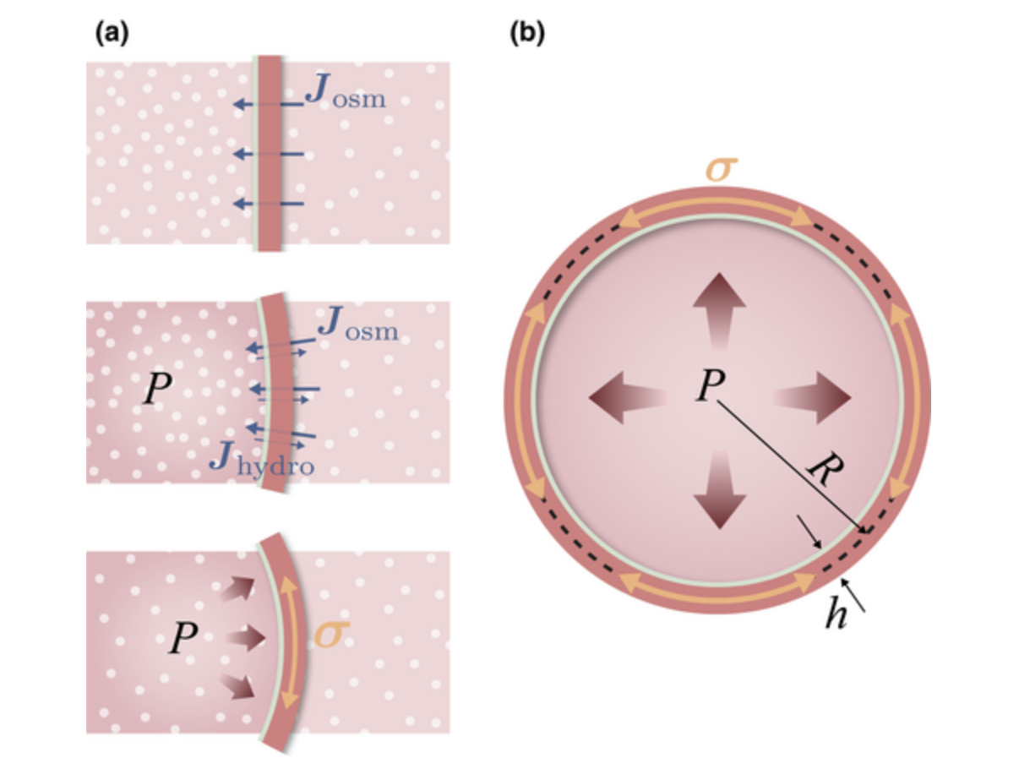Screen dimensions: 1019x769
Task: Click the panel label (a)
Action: point(112,35)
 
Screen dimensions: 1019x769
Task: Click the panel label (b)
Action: point(527,35)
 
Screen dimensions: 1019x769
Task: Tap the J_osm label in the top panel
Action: point(346,90)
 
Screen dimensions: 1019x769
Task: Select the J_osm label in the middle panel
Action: point(358,323)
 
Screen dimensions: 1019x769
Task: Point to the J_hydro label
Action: point(262,459)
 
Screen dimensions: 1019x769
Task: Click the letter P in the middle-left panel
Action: point(158,389)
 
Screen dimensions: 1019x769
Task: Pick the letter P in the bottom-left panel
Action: point(184,638)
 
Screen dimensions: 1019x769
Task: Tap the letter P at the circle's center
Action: point(711,384)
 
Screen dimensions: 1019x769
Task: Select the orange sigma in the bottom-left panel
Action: point(332,634)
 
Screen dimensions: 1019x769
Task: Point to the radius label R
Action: point(826,468)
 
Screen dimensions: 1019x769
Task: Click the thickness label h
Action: point(836,613)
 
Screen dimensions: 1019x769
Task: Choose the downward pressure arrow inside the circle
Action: point(720,490)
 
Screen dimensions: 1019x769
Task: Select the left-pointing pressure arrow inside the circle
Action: point(628,398)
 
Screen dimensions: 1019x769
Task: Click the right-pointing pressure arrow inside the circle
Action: point(812,398)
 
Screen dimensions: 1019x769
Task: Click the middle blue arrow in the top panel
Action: point(269,154)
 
